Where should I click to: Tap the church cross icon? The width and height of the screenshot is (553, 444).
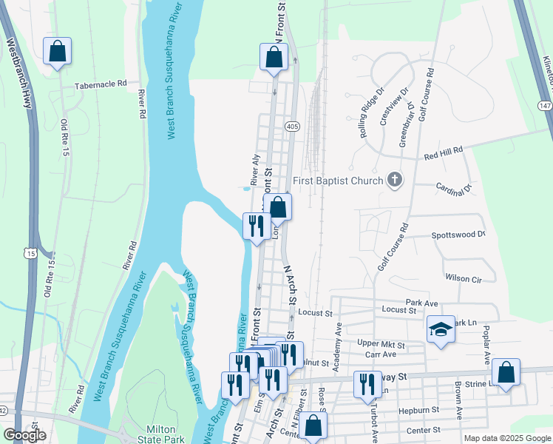pyautogui.click(x=395, y=180)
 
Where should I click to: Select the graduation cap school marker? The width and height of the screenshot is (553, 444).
pyautogui.click(x=440, y=329)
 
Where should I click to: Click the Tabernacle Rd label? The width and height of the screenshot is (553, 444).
pyautogui.click(x=101, y=85)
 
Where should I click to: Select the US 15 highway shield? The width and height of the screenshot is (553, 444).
pyautogui.click(x=30, y=253)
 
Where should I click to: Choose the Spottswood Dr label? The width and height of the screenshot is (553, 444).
pyautogui.click(x=458, y=235)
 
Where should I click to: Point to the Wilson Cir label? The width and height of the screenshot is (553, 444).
pyautogui.click(x=464, y=278)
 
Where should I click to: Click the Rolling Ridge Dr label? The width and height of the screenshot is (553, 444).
pyautogui.click(x=370, y=106)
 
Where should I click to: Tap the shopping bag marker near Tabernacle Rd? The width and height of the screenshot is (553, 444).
pyautogui.click(x=57, y=51)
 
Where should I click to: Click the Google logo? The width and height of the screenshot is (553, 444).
pyautogui.click(x=24, y=436)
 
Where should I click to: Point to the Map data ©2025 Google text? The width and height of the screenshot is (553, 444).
pyautogui.click(x=506, y=438)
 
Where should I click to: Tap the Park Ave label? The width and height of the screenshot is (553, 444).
pyautogui.click(x=421, y=303)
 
